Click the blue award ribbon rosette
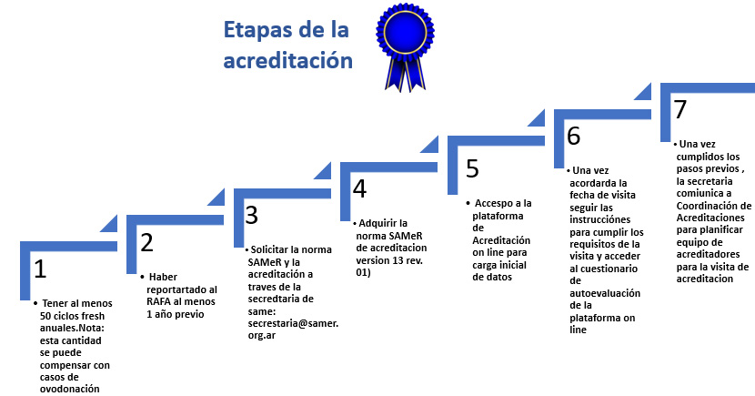[405, 46]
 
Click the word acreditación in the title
[288, 61]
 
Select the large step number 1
[40, 269]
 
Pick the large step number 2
[146, 242]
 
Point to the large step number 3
[251, 216]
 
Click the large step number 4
[359, 188]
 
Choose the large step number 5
[472, 168]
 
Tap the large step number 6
[573, 136]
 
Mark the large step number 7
[679, 109]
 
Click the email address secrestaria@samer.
[293, 324]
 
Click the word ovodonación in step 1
[70, 389]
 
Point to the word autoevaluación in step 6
[605, 293]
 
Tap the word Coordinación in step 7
[713, 206]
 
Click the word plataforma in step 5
[498, 216]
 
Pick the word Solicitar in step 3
[269, 249]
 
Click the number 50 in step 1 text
[45, 316]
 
